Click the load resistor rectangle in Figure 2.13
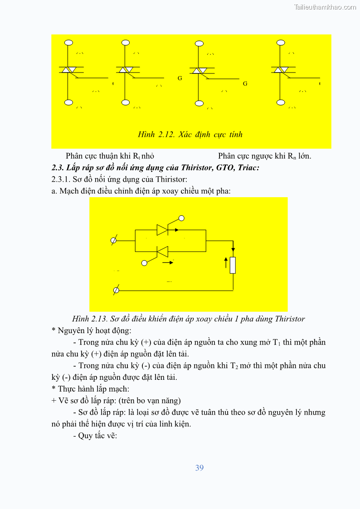[233, 265]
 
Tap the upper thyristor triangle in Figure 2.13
[162, 230]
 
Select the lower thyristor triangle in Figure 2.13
[162, 251]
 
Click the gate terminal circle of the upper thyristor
[181, 218]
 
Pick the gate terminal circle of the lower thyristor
[144, 262]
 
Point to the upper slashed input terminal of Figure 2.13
[114, 240]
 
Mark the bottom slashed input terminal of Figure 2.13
[116, 290]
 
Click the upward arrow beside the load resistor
[225, 262]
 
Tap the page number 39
[199, 468]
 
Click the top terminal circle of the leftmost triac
[68, 43]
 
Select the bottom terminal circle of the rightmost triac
[281, 102]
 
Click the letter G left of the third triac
[180, 78]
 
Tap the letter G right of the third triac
[245, 84]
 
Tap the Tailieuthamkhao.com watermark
[325, 7]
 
